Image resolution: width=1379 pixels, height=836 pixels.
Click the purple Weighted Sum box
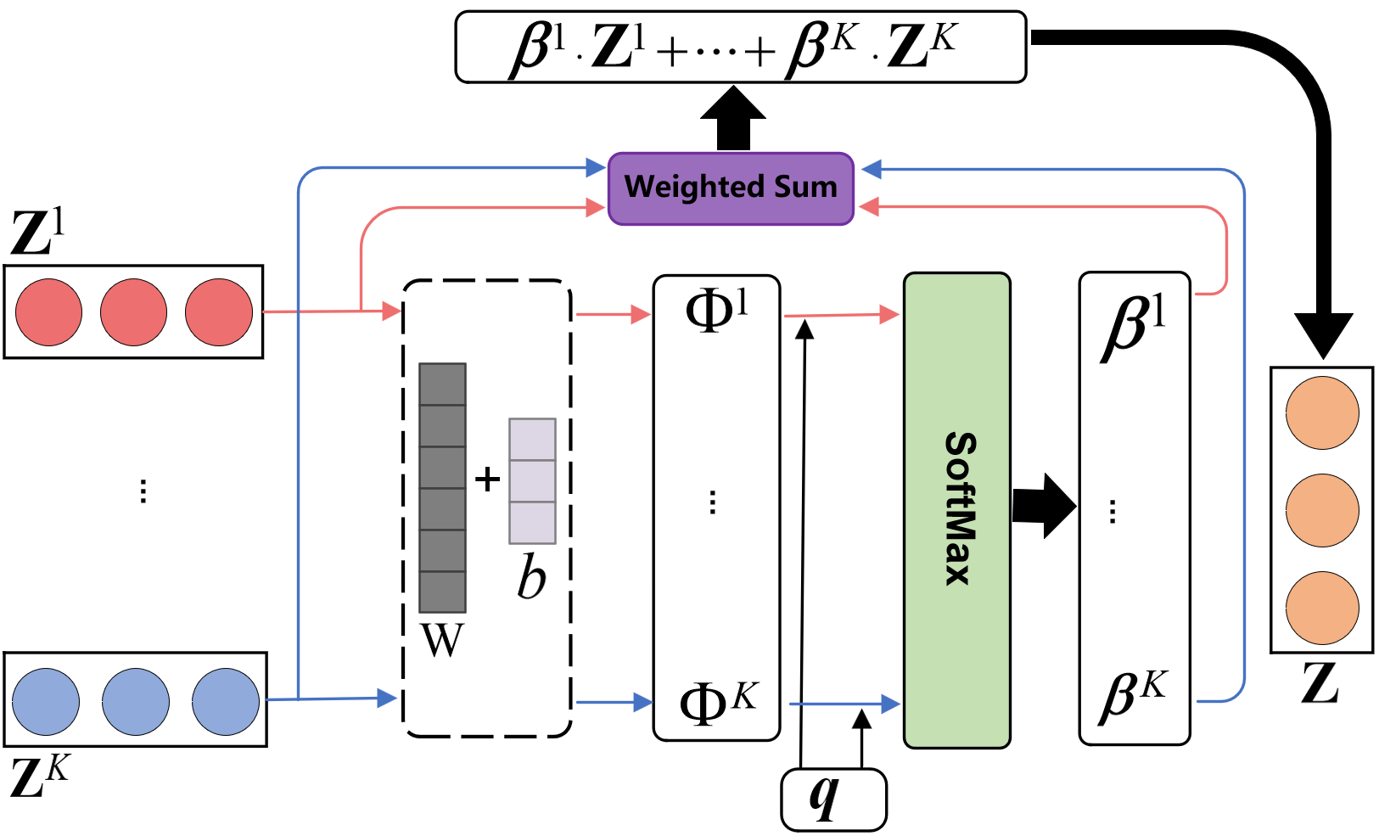731,188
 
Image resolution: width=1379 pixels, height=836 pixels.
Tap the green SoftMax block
956,510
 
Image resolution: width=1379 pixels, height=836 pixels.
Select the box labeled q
833,799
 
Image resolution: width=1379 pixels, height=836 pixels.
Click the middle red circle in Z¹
133,312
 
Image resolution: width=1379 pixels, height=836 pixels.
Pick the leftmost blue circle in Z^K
46,701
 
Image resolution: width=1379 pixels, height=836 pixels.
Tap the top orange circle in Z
1322,412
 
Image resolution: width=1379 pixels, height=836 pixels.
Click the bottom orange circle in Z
1322,608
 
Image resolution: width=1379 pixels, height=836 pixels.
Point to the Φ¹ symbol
716,311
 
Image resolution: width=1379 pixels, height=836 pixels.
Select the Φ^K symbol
718,702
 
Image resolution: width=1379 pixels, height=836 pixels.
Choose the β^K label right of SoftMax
1133,697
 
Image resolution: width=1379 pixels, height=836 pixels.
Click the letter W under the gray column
442,640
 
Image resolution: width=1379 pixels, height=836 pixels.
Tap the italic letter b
531,576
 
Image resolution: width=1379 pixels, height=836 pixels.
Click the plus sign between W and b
487,479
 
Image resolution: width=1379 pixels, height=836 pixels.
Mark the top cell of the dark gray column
442,384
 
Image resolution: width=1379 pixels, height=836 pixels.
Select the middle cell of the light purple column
532,480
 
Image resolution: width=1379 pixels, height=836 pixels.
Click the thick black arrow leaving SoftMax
1044,506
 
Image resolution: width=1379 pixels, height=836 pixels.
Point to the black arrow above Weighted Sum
733,118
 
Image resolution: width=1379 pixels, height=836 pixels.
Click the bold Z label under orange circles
1320,684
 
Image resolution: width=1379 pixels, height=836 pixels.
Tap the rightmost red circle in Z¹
219,312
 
